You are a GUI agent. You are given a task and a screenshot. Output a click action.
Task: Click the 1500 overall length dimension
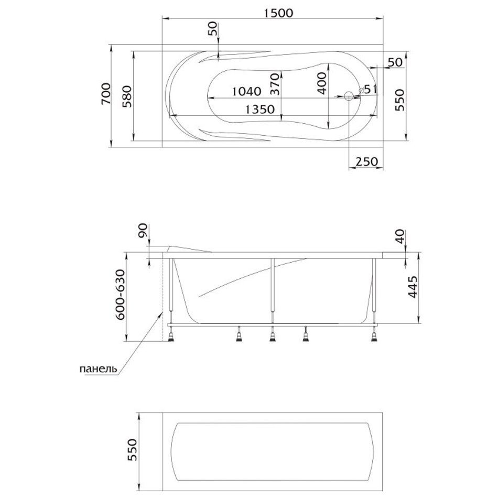coord(278,13)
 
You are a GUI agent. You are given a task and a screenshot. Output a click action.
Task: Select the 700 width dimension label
coord(106,94)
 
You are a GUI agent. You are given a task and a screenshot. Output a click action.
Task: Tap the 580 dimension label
coord(127,96)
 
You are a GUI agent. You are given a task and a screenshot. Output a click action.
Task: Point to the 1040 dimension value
coord(246,91)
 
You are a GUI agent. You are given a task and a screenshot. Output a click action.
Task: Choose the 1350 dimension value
coord(260,110)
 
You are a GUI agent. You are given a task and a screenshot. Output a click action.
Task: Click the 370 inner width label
coord(275,84)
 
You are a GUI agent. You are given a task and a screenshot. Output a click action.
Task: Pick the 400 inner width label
coord(322,83)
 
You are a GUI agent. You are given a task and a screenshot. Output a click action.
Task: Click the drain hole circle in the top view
coord(349,96)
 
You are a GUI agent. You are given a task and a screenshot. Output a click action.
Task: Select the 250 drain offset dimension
coord(367,161)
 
